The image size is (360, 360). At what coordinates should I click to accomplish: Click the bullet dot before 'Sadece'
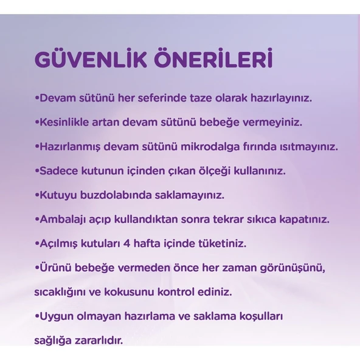[36, 171]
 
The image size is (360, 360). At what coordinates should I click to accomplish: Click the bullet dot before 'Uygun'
[36, 316]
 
